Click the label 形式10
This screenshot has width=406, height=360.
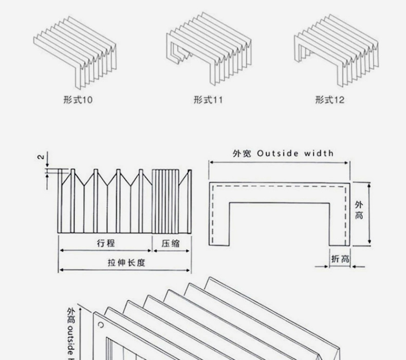tap(78, 99)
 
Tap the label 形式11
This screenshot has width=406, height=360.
tap(208, 99)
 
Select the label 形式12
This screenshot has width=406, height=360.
tap(330, 99)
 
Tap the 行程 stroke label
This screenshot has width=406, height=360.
tap(105, 243)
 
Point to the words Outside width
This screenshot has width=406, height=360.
tap(295, 153)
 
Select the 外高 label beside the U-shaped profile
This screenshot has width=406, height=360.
tap(359, 210)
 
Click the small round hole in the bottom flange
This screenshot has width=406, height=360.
tap(101, 325)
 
